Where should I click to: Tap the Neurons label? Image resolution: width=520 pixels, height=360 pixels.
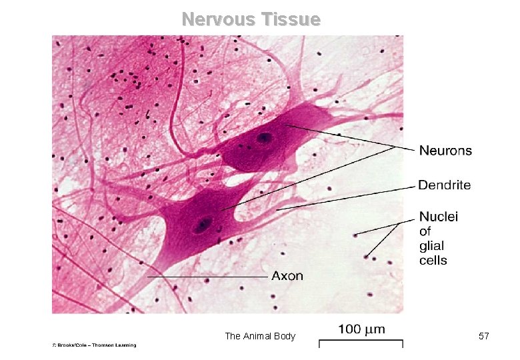point(445,151)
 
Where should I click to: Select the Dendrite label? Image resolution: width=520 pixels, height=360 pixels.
point(445,185)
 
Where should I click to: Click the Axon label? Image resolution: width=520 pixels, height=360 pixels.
point(287,275)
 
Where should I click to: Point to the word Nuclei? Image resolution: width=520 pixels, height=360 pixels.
point(438,216)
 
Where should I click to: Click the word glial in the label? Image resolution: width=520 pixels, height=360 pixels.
point(432,246)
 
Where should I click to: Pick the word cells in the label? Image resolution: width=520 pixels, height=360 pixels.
point(433,261)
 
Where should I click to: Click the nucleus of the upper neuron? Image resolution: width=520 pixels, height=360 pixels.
point(265,139)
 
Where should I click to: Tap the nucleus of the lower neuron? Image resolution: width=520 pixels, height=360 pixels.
point(201,225)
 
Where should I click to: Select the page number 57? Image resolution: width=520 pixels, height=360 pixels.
point(484,337)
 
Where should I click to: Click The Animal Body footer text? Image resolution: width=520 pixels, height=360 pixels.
point(260,337)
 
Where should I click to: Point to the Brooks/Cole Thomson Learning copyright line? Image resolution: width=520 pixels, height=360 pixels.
point(95,345)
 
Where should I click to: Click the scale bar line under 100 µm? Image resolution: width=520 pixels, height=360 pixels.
point(361,343)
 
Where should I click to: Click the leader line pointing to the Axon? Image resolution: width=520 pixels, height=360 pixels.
point(207,276)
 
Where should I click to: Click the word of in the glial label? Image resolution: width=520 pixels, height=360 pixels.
point(425,231)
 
